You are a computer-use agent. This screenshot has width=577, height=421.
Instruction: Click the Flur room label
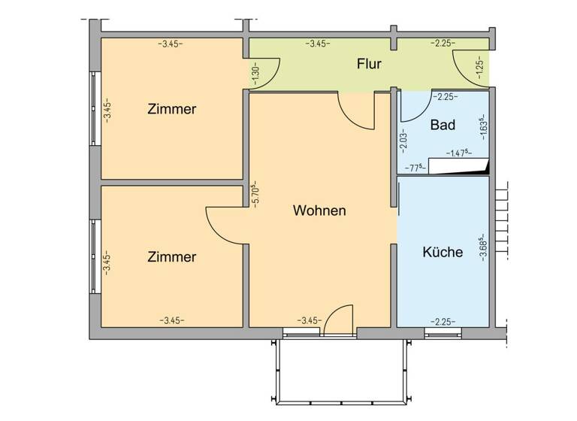[369, 64]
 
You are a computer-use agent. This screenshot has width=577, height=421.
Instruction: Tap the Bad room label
[443, 125]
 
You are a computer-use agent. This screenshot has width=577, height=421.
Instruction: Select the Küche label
[443, 253]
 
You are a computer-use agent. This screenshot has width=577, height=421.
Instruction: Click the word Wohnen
[319, 210]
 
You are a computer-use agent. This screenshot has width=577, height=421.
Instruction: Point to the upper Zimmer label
[172, 109]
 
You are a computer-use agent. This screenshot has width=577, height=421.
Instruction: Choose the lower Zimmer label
[172, 256]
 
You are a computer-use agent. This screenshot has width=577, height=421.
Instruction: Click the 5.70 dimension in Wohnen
[255, 194]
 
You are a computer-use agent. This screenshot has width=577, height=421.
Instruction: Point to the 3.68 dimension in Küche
[482, 247]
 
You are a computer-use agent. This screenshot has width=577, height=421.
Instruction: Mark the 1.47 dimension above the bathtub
[458, 153]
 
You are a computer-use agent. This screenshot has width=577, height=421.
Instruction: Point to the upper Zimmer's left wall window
[94, 109]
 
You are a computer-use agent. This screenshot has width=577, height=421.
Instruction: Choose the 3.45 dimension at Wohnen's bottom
[310, 320]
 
